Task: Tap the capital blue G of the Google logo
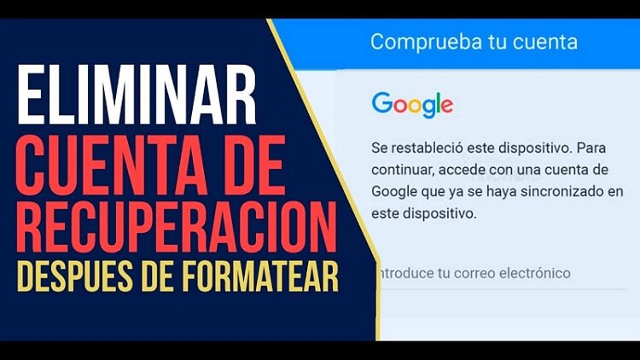[x=381, y=104]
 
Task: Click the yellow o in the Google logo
[x=411, y=106]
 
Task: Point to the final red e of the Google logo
[x=445, y=106]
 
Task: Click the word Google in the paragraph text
[x=395, y=189]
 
